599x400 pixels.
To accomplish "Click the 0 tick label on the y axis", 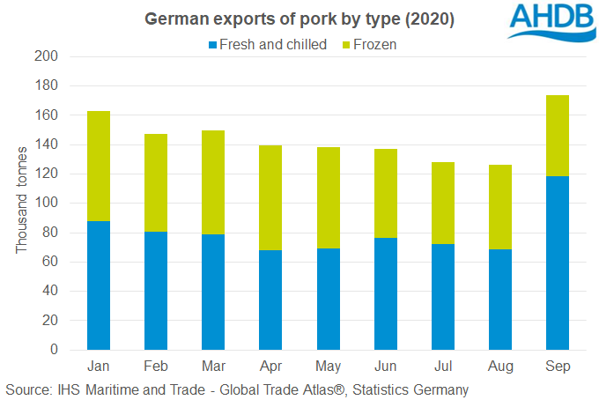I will click(x=53, y=350).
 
